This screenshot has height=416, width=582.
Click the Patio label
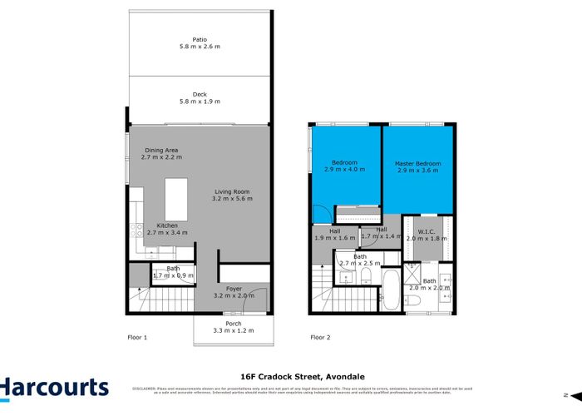click(x=200, y=39)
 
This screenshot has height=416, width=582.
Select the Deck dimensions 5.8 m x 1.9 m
click(x=200, y=102)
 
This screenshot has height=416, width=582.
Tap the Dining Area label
click(x=160, y=150)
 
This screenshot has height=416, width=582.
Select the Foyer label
click(x=234, y=289)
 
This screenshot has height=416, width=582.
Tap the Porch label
click(x=234, y=324)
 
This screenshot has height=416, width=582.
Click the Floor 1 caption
click(x=137, y=337)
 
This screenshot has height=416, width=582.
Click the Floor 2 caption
click(x=320, y=337)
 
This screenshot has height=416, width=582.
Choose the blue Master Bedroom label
click(x=417, y=163)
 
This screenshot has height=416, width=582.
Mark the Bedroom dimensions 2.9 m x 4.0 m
click(x=345, y=170)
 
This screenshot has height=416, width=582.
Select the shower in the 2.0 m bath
click(x=413, y=275)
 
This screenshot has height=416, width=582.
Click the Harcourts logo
click(x=54, y=388)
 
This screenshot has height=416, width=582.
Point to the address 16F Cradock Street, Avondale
click(x=290, y=375)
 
